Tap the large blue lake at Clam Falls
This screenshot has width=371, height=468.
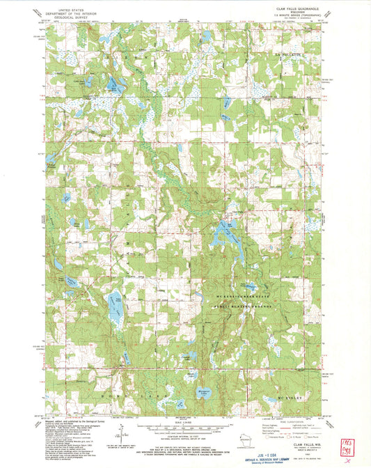224,231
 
